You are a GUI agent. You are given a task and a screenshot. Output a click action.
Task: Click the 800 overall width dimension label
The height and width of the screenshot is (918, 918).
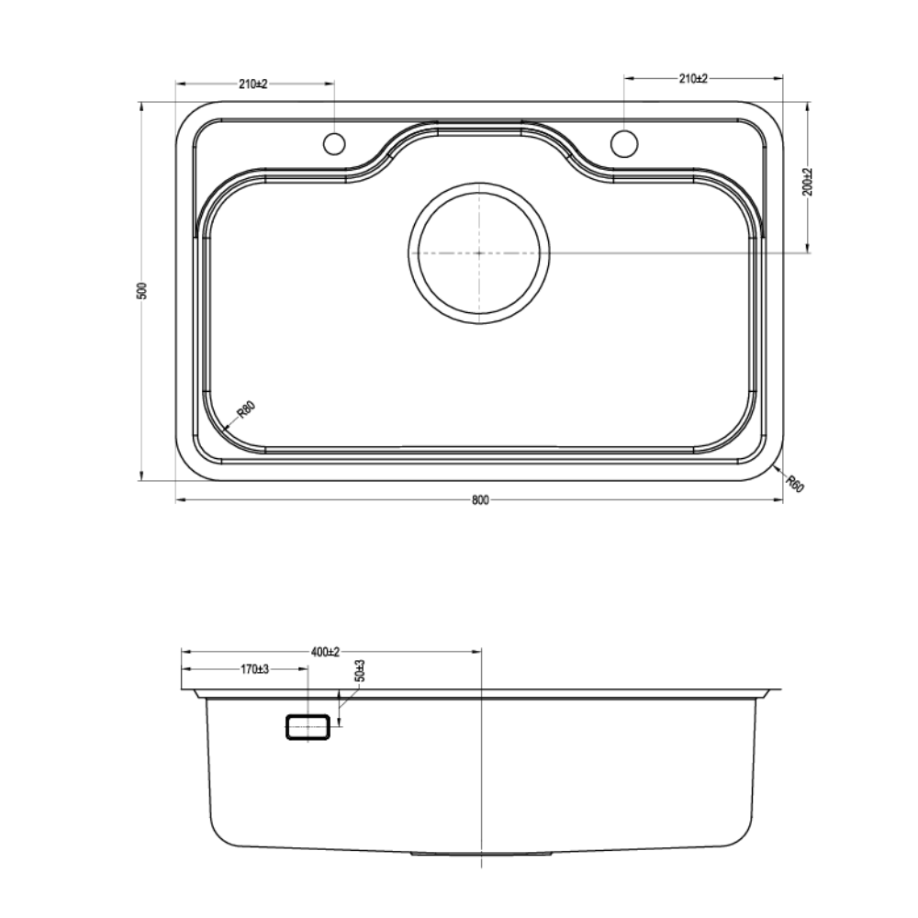479,500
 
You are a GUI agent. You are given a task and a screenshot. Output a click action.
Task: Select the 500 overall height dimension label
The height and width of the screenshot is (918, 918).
141,291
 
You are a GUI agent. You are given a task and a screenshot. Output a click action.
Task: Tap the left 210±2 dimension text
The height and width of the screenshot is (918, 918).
253,84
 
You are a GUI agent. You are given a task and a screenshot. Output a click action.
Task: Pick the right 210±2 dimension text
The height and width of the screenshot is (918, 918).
693,78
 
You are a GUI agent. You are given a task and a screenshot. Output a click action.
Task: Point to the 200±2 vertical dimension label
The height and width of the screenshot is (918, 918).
809,182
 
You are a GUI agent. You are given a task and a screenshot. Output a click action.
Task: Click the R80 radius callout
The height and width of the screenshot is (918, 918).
246,409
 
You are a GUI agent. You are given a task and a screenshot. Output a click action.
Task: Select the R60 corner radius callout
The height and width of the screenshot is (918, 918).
795,484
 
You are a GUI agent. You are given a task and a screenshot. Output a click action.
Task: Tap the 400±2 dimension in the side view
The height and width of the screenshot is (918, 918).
326,652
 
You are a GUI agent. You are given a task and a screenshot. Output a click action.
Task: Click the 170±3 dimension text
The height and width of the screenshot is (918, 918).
254,669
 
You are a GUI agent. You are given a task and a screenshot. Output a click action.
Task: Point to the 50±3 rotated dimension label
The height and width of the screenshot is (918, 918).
360,671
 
